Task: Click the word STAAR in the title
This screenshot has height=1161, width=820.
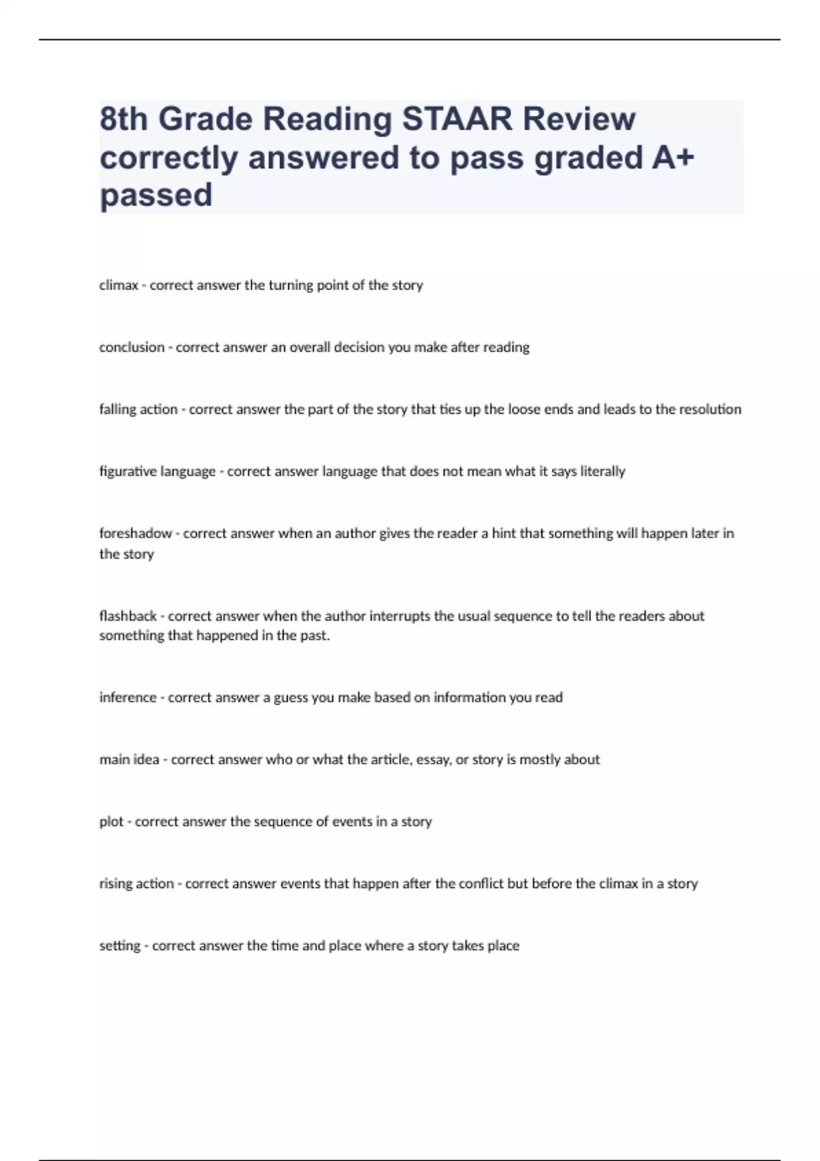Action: (457, 119)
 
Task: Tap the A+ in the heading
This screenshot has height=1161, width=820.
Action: (672, 158)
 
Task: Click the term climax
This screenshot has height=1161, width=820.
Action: (119, 285)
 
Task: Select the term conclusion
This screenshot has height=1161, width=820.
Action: (132, 348)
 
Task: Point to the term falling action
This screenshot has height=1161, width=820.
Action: (138, 410)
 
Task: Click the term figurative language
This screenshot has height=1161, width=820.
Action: (157, 472)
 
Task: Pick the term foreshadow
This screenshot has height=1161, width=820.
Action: (135, 533)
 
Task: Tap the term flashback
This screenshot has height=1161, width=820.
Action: (128, 616)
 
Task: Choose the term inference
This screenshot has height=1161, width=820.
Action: (128, 698)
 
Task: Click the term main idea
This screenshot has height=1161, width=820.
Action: (129, 759)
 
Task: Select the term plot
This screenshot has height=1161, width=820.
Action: (111, 822)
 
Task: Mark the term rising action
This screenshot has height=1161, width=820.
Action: (137, 884)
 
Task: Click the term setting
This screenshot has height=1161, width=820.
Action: (120, 946)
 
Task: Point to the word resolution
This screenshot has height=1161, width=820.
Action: (710, 410)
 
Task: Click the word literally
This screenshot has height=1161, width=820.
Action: (603, 472)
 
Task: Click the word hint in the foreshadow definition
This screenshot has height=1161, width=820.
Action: (504, 533)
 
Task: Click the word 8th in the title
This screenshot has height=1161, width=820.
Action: (124, 119)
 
